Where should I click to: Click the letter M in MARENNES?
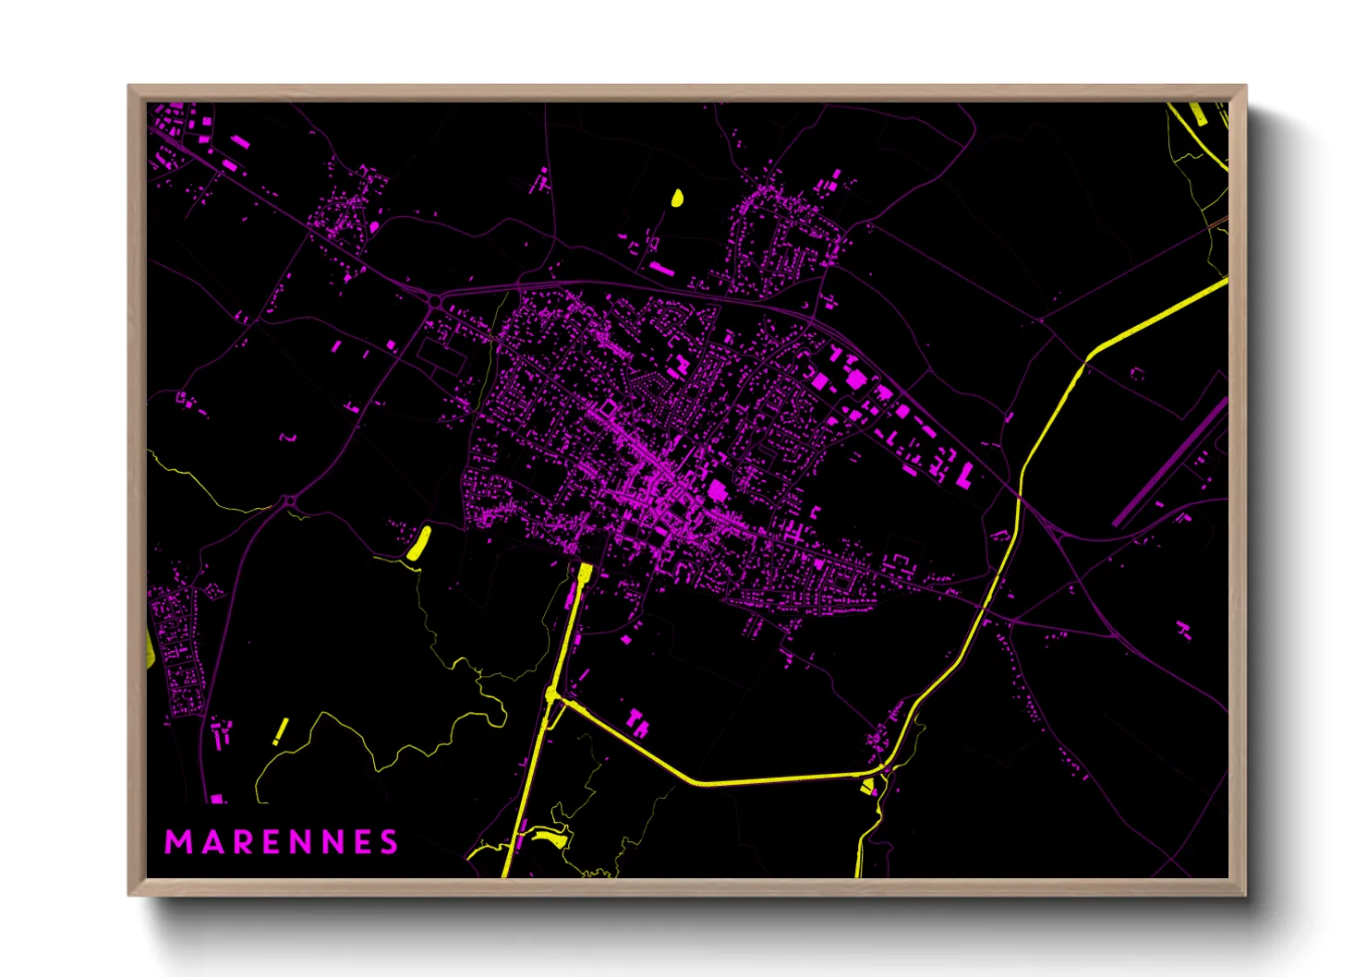[175, 842]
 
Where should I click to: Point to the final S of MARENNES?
[389, 842]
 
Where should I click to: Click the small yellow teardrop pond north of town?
[677, 198]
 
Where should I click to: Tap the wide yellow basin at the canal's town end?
[585, 572]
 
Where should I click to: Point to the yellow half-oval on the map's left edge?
[150, 646]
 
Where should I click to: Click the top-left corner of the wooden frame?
[129, 87]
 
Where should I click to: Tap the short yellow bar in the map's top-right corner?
[1197, 114]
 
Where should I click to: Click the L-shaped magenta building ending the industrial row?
[964, 476]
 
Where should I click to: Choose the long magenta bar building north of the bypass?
[661, 268]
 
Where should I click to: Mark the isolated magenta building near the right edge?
[1184, 631]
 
